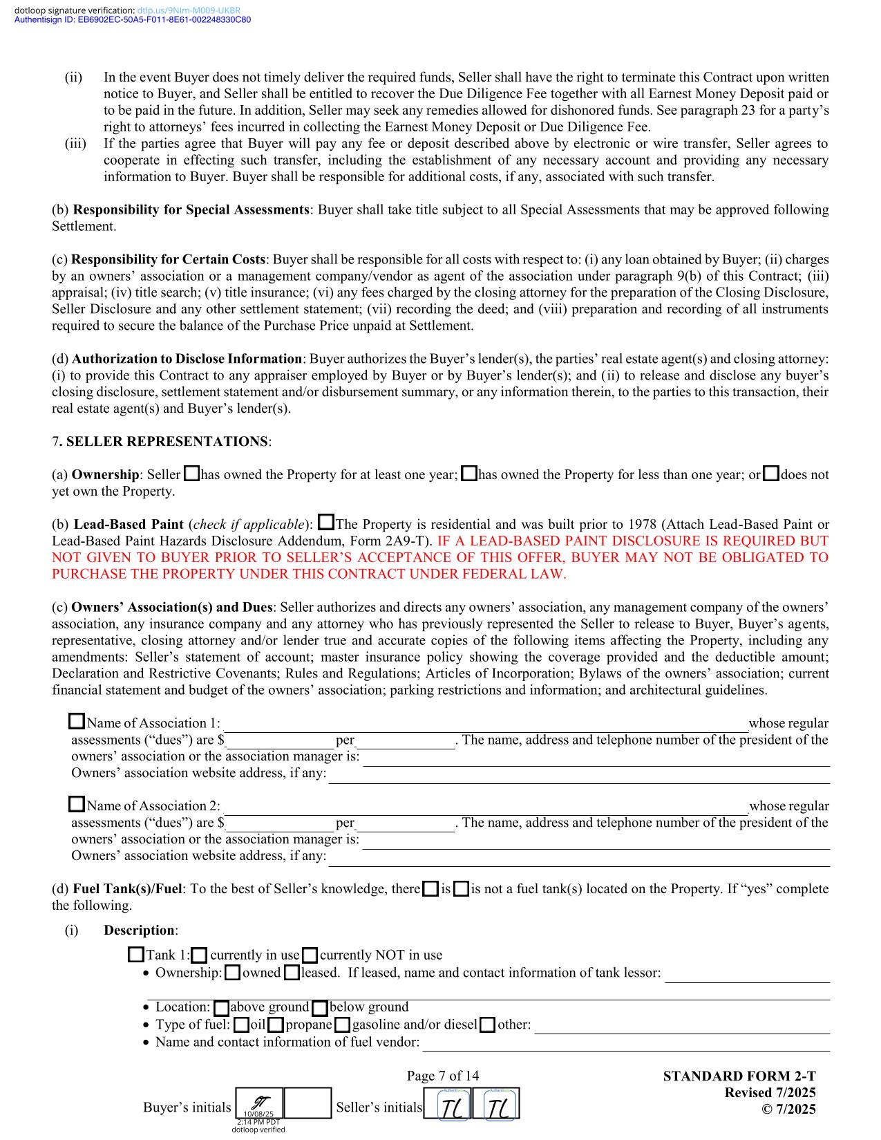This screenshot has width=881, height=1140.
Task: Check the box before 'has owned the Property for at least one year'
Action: [x=191, y=474]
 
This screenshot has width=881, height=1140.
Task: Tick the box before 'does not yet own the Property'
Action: [x=772, y=474]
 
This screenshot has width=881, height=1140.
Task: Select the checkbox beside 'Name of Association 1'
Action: [x=77, y=722]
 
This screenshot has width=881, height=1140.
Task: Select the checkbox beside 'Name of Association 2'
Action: [x=77, y=805]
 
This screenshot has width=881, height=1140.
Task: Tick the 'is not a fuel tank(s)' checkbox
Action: [x=462, y=889]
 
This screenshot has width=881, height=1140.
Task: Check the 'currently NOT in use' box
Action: [x=310, y=955]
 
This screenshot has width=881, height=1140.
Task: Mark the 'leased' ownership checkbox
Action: [x=292, y=973]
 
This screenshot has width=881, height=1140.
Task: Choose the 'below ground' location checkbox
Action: [x=320, y=1007]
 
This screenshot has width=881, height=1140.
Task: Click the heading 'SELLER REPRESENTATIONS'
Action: [x=167, y=441]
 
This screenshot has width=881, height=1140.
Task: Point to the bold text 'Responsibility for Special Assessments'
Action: [x=191, y=209]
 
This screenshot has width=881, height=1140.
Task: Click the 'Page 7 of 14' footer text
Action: [x=442, y=1076]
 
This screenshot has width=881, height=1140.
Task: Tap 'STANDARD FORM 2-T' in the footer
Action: [x=739, y=1076]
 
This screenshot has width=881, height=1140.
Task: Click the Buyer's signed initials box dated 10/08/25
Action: [x=260, y=1103]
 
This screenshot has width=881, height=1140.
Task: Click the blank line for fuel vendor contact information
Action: [x=625, y=1043]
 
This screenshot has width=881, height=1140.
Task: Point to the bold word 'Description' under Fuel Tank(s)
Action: [x=139, y=931]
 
